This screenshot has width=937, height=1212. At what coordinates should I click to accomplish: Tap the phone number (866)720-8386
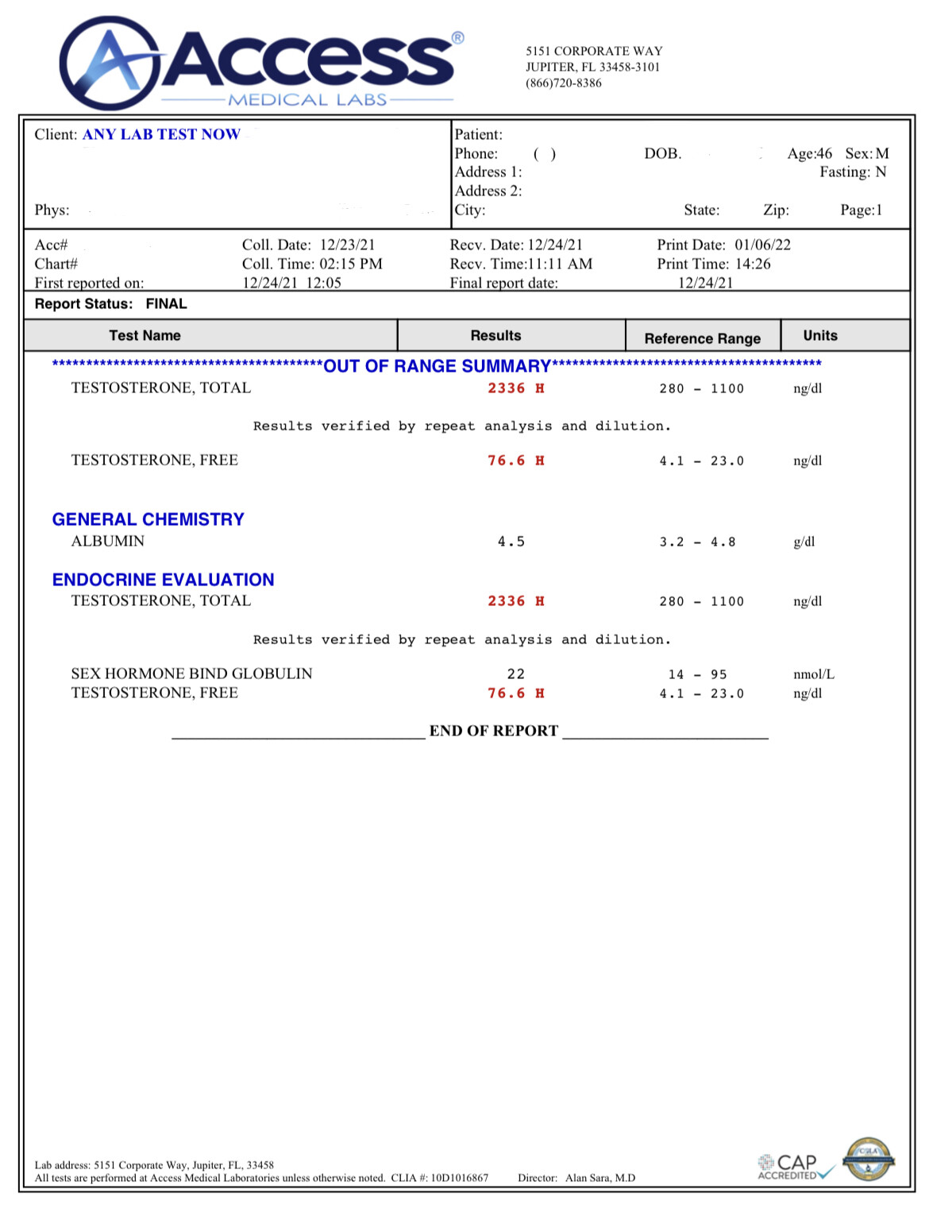coord(563,83)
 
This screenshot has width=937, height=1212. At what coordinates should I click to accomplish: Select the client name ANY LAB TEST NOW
coord(161,134)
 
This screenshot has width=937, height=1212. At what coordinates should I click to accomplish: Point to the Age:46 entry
coord(809,153)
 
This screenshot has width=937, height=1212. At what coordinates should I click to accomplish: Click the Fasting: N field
coord(853,172)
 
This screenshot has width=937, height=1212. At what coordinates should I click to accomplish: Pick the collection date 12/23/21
coord(347,245)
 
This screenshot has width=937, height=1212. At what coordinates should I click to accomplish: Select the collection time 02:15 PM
coord(350,264)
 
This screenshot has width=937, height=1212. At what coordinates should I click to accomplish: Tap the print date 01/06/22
coord(762,245)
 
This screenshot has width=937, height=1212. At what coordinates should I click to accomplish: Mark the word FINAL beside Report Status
coord(166,304)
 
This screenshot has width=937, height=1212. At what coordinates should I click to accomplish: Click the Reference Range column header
coord(702,338)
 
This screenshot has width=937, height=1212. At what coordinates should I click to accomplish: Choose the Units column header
coord(819,335)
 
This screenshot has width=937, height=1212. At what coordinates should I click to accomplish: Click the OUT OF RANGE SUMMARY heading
coord(437,366)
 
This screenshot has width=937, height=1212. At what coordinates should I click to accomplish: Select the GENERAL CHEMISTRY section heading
coord(148,519)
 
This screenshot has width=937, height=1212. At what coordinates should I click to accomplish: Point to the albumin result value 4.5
coord(511,542)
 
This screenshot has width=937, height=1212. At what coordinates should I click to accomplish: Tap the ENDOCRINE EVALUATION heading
coord(163,580)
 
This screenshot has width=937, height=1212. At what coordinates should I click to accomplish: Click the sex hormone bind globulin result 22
coord(516,674)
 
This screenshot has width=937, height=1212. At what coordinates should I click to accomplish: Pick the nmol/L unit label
coord(813,674)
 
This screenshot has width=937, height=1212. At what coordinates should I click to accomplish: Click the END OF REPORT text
coord(493,731)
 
